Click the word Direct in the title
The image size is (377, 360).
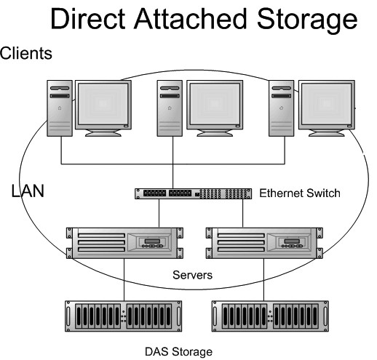click(88, 19)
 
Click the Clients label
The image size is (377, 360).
click(26, 53)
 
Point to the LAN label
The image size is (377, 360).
click(28, 191)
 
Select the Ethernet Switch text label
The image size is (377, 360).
click(300, 193)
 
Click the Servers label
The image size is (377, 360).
click(192, 275)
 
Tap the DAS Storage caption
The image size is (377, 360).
click(178, 352)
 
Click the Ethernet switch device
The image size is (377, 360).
click(193, 193)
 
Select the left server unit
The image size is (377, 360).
click(124, 243)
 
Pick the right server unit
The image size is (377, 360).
click(264, 243)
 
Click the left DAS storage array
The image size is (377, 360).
click(123, 316)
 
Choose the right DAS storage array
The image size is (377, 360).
click(270, 316)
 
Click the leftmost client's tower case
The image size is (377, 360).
click(60, 108)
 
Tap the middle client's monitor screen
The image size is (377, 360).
click(215, 105)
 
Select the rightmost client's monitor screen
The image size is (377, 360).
click(327, 105)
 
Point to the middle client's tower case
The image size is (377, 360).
click(170, 108)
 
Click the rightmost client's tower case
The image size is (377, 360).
click(282, 108)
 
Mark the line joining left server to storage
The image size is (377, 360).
click(124, 280)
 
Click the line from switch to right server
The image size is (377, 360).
click(242, 213)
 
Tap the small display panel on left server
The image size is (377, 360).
click(152, 241)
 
